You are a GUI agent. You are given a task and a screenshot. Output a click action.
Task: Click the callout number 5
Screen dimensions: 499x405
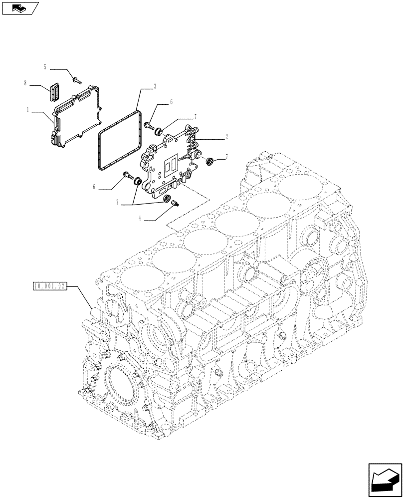(45, 67)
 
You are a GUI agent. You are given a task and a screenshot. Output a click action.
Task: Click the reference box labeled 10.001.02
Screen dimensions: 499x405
(49, 286)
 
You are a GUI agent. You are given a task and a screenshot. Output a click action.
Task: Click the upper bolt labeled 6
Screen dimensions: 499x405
(148, 125)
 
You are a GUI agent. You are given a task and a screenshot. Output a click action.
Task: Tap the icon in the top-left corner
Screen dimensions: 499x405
(19, 8)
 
